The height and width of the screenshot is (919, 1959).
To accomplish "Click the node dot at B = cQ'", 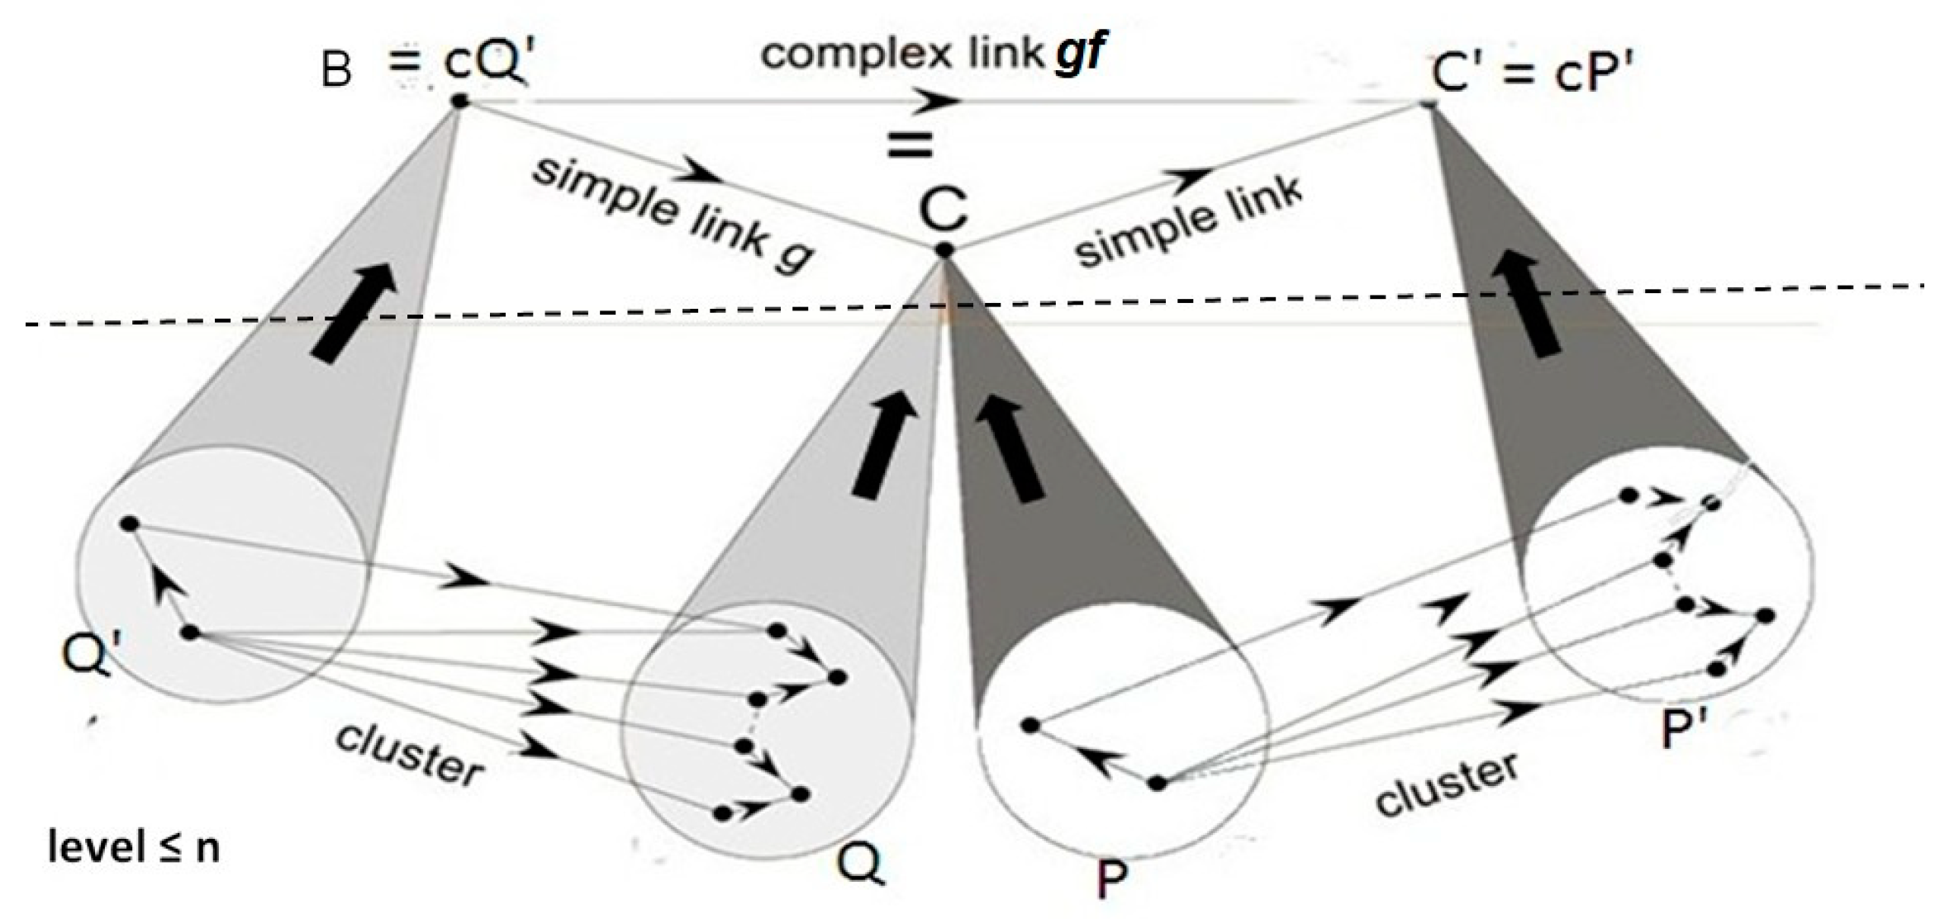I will pyautogui.click(x=459, y=102).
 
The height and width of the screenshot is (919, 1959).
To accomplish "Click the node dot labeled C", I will pyautogui.click(x=945, y=249).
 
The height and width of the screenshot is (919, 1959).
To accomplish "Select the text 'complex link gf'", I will pyautogui.click(x=932, y=54).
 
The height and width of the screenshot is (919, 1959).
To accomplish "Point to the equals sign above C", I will pyautogui.click(x=910, y=146).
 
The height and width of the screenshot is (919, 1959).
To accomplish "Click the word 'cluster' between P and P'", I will pyautogui.click(x=1447, y=784).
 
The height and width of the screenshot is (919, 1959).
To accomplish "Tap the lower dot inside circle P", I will pyautogui.click(x=1158, y=783).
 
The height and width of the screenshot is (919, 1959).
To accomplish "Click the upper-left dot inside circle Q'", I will pyautogui.click(x=128, y=523).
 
